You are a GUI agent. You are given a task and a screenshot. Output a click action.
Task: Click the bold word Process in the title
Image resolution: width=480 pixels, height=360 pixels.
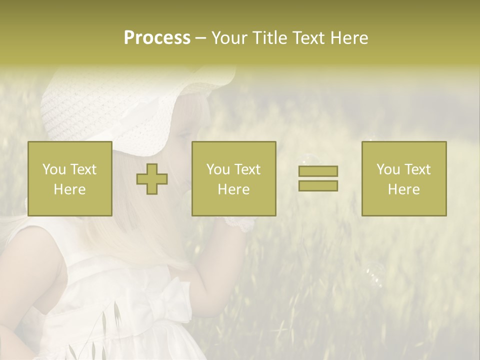[157, 38]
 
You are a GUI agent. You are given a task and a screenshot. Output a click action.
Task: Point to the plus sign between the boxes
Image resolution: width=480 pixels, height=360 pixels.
[152, 179]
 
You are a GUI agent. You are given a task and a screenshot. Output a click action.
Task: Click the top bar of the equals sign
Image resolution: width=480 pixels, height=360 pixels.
[318, 171]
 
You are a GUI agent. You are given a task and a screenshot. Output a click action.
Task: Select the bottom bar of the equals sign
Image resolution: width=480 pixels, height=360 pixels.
[318, 185]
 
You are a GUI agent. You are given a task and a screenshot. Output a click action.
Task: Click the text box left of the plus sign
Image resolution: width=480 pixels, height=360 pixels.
[69, 178]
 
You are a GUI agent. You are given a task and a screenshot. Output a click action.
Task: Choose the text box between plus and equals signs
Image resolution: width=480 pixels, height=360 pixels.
[233, 178]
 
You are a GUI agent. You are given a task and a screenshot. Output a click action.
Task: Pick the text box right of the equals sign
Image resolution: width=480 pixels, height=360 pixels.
[403, 178]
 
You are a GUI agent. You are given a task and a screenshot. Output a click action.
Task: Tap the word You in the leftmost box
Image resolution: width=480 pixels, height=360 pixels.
[54, 169]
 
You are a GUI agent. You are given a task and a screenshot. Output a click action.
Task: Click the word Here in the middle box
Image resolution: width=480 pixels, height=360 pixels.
[233, 189]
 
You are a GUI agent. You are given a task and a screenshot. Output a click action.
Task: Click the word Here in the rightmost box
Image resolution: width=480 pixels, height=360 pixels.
[403, 189]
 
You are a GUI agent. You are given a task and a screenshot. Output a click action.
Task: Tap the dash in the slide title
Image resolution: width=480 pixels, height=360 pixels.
[201, 38]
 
